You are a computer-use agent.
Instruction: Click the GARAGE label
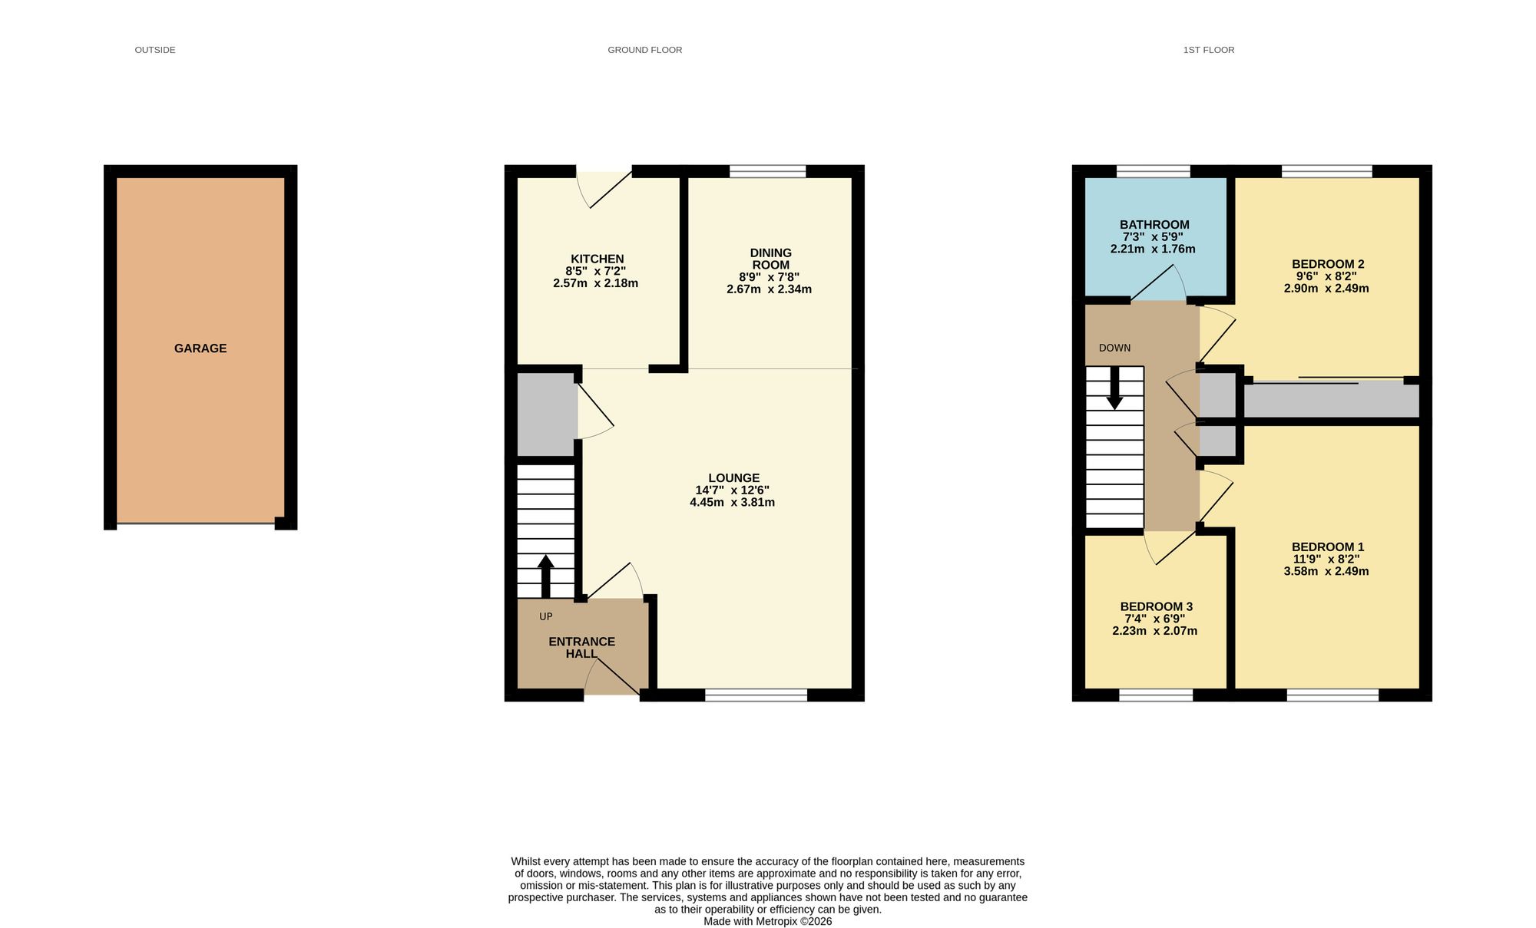tap(200, 348)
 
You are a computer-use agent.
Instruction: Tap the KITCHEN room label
tap(598, 259)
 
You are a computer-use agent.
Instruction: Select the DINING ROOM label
tap(770, 259)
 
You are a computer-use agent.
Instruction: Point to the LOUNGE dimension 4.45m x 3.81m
tap(732, 503)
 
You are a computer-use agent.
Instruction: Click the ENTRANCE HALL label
tap(582, 648)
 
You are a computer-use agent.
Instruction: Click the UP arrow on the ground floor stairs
tap(546, 576)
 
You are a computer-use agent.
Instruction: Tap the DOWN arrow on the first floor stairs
tap(1114, 388)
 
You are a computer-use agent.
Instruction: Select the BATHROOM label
tap(1154, 225)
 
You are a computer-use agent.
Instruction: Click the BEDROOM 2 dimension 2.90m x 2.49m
tap(1326, 289)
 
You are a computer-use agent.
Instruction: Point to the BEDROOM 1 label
tap(1328, 547)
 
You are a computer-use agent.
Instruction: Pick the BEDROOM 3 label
tap(1156, 606)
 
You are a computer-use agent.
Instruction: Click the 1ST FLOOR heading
tap(1209, 50)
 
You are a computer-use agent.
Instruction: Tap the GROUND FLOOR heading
tap(645, 50)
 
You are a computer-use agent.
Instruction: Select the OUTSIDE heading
tap(155, 50)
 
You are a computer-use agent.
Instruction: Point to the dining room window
tap(768, 171)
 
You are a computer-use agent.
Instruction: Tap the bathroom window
tap(1154, 171)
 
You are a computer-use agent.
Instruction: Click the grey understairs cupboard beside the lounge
tap(547, 414)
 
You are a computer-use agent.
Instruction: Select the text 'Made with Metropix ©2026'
tap(767, 921)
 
